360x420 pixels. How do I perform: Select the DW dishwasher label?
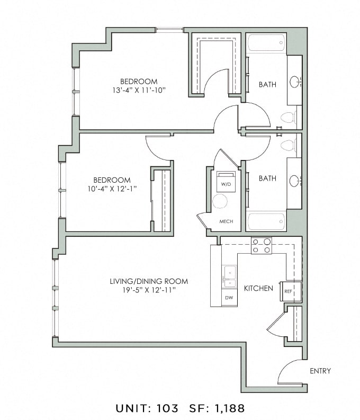[229, 298]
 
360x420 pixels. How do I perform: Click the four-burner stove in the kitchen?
[261, 246]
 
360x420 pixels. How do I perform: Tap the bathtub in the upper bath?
[266, 42]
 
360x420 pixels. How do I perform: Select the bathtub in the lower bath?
[266, 221]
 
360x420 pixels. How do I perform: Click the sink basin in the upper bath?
[294, 82]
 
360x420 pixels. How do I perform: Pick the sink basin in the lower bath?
[294, 181]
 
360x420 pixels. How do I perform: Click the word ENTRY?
[320, 371]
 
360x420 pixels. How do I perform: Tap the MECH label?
[226, 221]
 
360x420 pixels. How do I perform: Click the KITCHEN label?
[258, 288]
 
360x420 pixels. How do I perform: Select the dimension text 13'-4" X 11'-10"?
[139, 90]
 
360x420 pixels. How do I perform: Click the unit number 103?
[168, 408]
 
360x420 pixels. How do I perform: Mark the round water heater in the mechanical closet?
[220, 201]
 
